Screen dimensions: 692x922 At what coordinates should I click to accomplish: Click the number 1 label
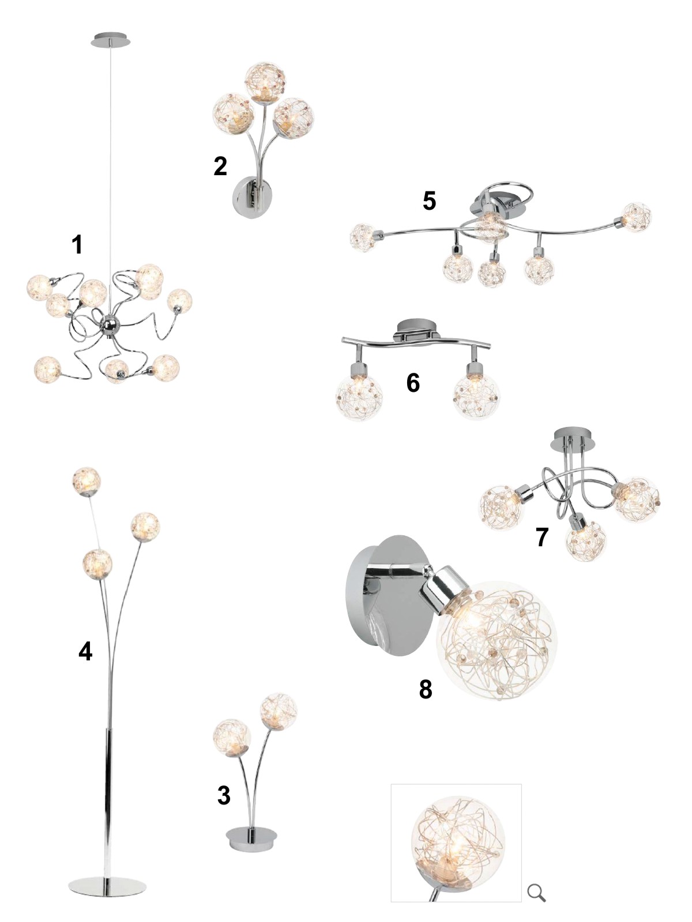click(77, 244)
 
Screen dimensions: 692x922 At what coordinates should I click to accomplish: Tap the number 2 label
click(221, 167)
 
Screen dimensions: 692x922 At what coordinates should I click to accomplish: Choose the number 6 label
click(413, 383)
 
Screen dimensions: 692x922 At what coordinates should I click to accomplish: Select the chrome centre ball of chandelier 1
click(112, 324)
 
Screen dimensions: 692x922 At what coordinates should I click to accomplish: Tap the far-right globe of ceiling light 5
click(637, 217)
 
